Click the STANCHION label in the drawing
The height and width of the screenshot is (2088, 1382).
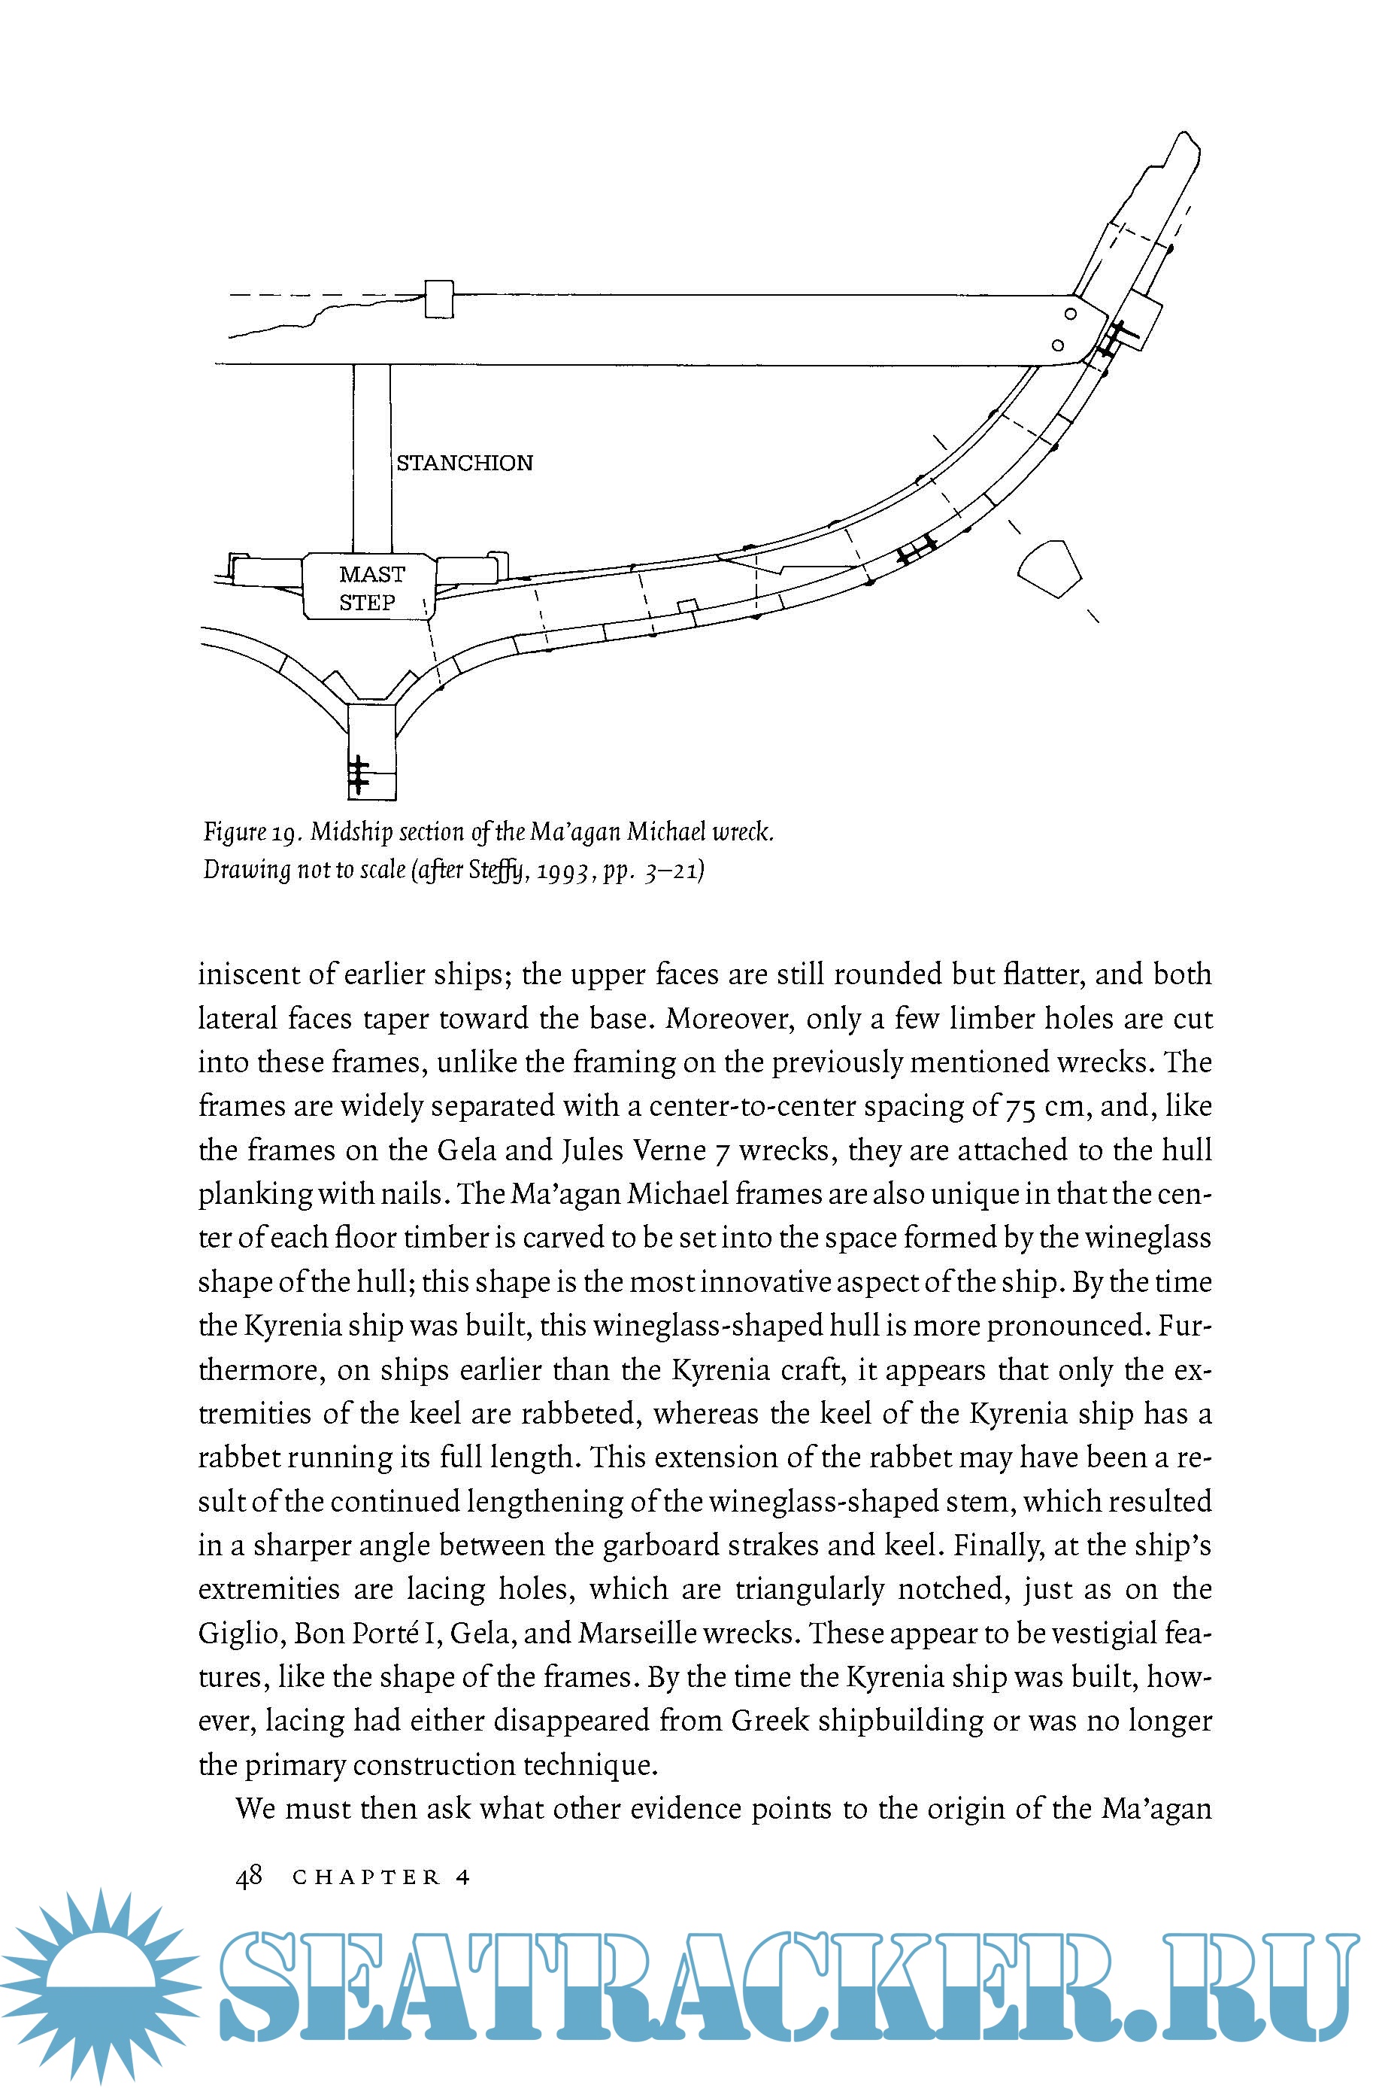pos(465,463)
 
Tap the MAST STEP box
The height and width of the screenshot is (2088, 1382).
pos(369,587)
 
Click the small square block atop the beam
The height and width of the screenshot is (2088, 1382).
pos(439,299)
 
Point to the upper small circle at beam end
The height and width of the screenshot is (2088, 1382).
pos(1070,314)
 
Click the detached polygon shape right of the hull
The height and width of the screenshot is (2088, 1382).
pos(1049,569)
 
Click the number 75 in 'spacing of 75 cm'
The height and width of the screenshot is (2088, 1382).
pos(1020,1107)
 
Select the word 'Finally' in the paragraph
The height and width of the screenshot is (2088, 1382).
pos(994,1545)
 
